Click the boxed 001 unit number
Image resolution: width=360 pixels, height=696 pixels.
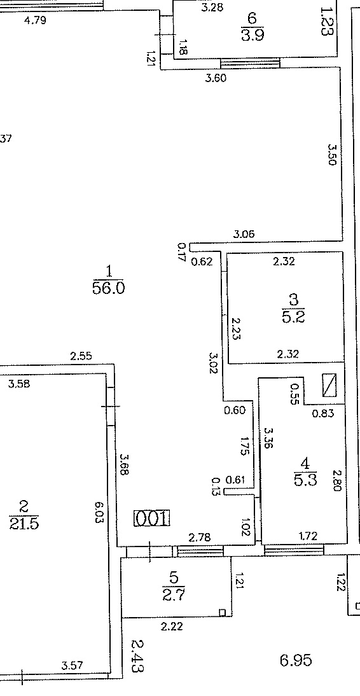click(152, 519)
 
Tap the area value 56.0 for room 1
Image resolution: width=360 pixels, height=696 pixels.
click(109, 289)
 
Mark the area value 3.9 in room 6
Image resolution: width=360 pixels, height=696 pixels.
click(253, 34)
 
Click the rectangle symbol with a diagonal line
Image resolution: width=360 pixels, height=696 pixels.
click(329, 385)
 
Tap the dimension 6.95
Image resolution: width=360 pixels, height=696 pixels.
click(296, 660)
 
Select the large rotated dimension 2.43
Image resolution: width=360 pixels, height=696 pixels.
click(138, 655)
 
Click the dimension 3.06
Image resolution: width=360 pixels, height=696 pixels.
click(244, 234)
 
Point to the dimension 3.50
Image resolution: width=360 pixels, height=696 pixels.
click(332, 154)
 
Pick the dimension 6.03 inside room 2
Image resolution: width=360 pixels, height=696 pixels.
click(99, 512)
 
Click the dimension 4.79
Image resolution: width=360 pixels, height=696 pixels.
click(34, 20)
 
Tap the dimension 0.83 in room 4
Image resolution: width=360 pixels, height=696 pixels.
click(323, 414)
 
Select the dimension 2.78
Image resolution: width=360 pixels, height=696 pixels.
click(200, 538)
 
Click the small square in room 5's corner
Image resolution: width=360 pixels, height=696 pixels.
click(223, 613)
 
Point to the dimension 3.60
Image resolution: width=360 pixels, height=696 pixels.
click(216, 78)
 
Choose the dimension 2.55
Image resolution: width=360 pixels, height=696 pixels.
click(81, 356)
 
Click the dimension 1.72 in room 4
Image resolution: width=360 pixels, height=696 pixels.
click(307, 537)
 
